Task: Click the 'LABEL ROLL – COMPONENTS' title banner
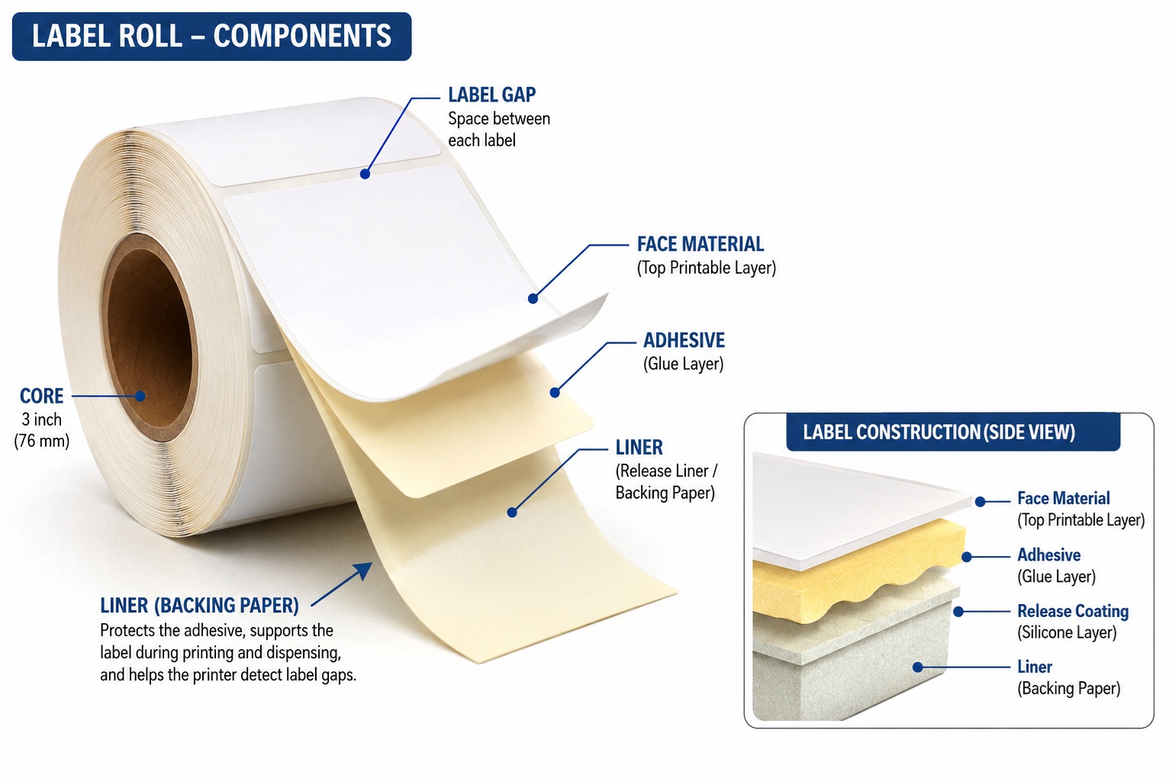click(x=211, y=37)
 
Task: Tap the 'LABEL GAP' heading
click(x=492, y=95)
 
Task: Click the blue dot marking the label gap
click(x=365, y=174)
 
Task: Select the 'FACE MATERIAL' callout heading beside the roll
click(x=700, y=244)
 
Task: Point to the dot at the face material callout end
click(x=533, y=299)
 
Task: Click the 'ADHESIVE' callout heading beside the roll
click(x=684, y=340)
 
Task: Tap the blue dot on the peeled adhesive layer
click(x=555, y=392)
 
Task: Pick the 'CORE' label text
click(x=42, y=396)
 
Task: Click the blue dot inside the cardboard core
click(x=140, y=396)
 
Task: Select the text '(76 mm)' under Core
click(x=42, y=441)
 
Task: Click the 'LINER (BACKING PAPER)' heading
click(x=199, y=606)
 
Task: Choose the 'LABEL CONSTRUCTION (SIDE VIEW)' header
click(x=939, y=432)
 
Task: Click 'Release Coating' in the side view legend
click(x=1073, y=611)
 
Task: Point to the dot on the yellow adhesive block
click(x=967, y=557)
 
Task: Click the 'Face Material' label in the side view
click(x=1063, y=498)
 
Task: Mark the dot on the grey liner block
click(x=918, y=667)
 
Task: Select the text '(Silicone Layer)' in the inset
click(x=1067, y=632)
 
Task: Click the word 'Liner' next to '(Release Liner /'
click(x=639, y=448)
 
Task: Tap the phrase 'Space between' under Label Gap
click(x=498, y=119)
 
